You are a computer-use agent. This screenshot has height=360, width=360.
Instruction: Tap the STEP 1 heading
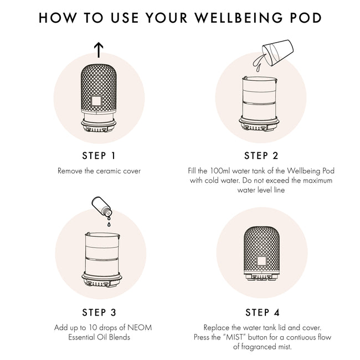(99, 155)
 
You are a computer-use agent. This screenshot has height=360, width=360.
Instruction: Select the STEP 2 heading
(261, 155)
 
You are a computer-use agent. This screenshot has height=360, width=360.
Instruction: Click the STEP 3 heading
(99, 312)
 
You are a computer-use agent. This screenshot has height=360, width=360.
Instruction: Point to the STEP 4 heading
(261, 312)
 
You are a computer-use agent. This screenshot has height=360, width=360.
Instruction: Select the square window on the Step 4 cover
(261, 260)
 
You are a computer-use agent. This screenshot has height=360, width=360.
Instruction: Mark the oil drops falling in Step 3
(109, 222)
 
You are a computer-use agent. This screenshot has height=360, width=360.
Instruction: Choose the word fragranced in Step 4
(260, 347)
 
